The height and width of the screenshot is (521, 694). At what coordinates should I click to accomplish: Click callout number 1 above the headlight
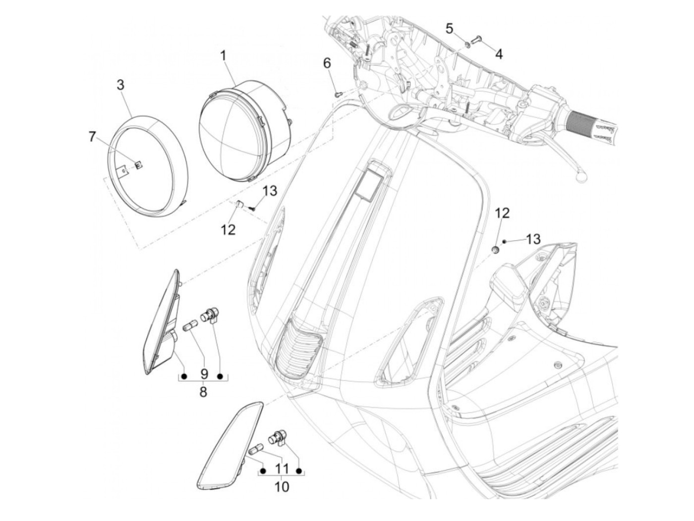(x=223, y=56)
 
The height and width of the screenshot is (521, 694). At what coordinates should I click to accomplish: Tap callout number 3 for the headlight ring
(x=120, y=84)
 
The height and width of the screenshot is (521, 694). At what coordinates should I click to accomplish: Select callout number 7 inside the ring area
(x=92, y=137)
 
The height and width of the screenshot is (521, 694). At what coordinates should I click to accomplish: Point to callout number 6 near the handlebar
(x=326, y=63)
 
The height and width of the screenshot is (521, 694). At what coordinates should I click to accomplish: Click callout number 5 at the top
(x=449, y=28)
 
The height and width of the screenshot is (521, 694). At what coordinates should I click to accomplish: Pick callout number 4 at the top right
(x=499, y=54)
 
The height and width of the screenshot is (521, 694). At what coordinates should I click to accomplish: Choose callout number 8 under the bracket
(x=203, y=392)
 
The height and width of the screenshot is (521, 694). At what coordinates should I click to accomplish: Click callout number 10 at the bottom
(x=281, y=486)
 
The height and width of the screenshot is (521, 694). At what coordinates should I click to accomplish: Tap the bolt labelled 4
(x=478, y=39)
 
